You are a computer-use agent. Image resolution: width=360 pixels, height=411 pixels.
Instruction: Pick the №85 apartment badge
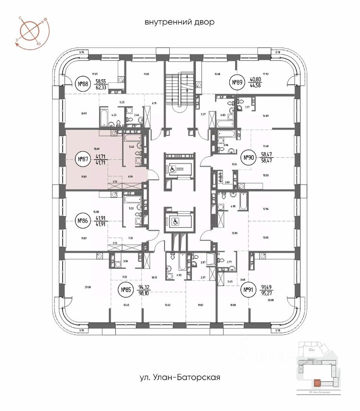click(126, 291)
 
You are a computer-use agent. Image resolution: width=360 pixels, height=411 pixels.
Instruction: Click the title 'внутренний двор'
click(179, 22)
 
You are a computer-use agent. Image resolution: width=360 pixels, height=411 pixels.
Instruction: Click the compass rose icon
click(30, 30)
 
